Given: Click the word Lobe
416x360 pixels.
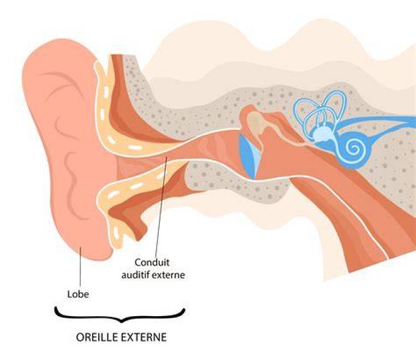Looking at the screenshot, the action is (x=78, y=294).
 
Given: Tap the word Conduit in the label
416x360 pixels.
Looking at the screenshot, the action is (x=152, y=262).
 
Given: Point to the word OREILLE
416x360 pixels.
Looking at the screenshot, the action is (x=97, y=337).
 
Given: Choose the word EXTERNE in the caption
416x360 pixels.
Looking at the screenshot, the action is (x=144, y=337).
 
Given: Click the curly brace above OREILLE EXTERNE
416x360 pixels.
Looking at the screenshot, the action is (x=120, y=316).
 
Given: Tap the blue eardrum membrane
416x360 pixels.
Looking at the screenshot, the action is (x=250, y=156).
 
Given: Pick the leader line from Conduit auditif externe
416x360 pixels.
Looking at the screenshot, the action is (x=161, y=206).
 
